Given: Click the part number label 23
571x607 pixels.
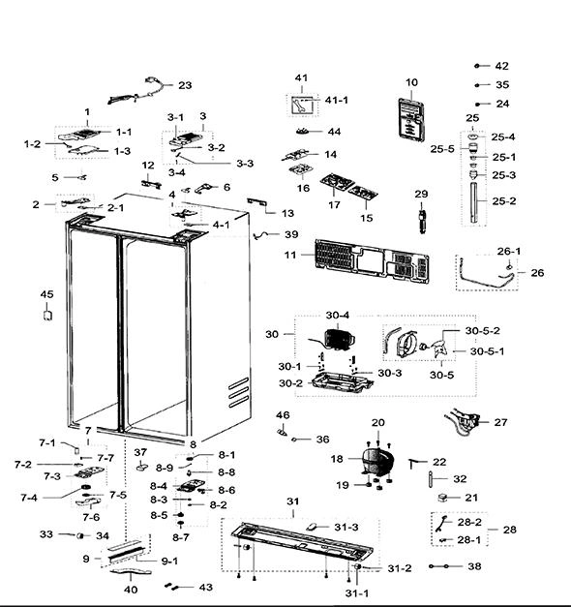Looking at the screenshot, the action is [185, 85].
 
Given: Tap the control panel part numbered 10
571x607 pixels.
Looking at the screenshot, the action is [411, 120].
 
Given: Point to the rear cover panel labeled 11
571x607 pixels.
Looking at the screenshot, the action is [372, 261].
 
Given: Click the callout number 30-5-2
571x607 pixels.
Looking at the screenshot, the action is [482, 330].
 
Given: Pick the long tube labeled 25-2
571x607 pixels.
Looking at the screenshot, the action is [474, 202].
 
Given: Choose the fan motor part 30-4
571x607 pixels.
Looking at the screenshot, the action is [340, 340].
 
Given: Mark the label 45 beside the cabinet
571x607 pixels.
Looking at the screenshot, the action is [46, 294].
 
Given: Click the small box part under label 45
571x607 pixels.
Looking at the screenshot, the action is [47, 315].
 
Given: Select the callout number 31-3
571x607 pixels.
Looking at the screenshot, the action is [346, 528].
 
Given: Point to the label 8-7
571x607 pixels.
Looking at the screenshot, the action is [180, 537].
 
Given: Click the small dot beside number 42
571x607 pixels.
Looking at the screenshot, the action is [477, 66].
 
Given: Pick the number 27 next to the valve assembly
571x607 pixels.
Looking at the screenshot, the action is [500, 422].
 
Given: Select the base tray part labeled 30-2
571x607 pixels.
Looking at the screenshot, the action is [343, 382].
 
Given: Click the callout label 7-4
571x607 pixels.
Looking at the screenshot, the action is [29, 498].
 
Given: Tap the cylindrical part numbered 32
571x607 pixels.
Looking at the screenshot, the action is [431, 478].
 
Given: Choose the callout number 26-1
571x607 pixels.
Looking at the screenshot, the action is [509, 252].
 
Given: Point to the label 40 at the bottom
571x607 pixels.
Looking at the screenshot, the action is [131, 590].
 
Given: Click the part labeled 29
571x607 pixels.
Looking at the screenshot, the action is [422, 222].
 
